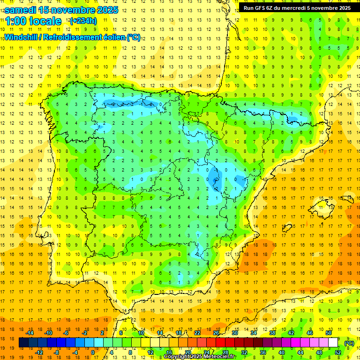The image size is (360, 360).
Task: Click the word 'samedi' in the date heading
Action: click(21, 10)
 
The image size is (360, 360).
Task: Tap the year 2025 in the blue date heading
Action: click(105, 10)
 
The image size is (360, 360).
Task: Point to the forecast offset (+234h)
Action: click(83, 21)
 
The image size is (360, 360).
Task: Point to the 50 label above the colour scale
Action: click(329, 333)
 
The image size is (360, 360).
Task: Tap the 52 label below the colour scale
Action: click(338, 352)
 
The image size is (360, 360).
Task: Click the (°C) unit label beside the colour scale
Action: click(349, 343)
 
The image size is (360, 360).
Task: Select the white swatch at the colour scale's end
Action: click(333, 343)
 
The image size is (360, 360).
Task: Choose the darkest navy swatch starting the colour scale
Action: click(24, 343)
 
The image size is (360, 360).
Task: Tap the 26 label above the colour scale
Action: click(216, 333)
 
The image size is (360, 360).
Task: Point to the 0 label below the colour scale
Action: click(92, 352)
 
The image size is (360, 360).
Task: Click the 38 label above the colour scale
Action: click(272, 333)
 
